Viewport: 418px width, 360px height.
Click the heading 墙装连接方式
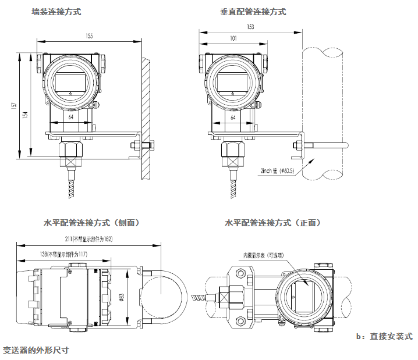[x=56, y=12]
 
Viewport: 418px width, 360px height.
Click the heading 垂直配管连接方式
[x=253, y=12]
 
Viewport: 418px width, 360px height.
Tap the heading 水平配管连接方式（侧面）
[x=91, y=223]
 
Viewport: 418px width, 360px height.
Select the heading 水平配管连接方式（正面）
[x=273, y=223]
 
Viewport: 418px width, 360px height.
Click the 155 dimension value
[x=89, y=36]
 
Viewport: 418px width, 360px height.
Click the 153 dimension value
[x=250, y=27]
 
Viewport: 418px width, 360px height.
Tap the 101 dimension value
[x=233, y=38]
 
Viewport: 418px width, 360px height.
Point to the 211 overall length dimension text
[x=88, y=239]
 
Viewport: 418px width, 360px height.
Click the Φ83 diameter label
[x=122, y=297]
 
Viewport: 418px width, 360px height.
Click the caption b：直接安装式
[x=384, y=337]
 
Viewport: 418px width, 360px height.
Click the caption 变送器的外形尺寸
[x=36, y=351]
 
